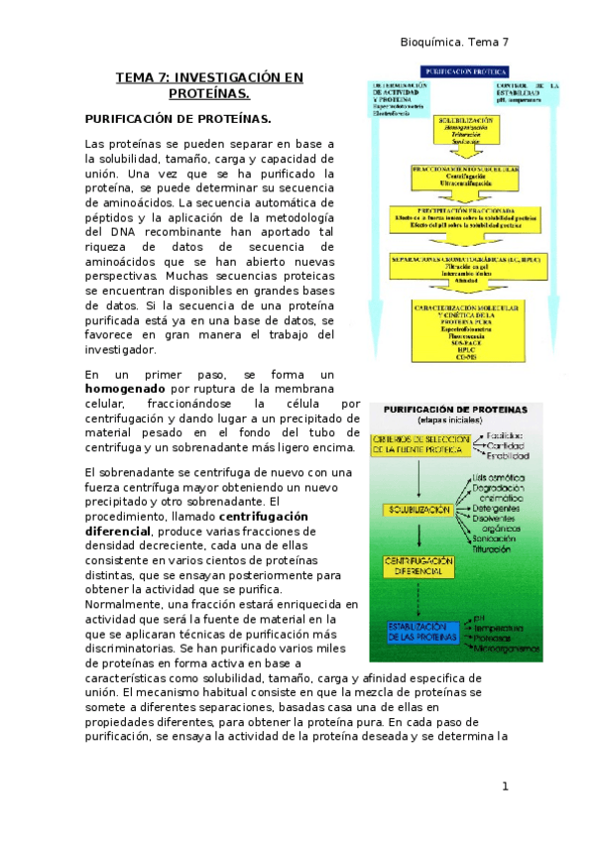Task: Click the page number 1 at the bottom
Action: pyautogui.click(x=505, y=786)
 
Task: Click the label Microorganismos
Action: pyautogui.click(x=508, y=649)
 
